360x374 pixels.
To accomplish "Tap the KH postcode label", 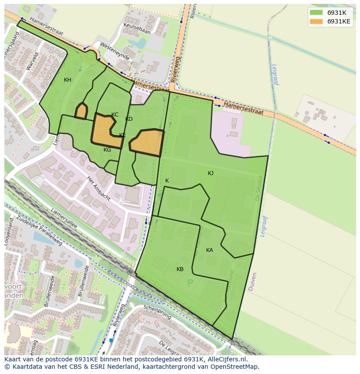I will [67, 80].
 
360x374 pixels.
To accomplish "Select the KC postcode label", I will [115, 115].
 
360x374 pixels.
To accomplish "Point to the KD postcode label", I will [129, 119].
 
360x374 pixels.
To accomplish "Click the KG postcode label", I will [107, 150].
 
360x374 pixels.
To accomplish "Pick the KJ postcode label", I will [210, 173].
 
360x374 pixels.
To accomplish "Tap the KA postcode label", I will [210, 250].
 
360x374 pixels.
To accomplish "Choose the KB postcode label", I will [180, 269].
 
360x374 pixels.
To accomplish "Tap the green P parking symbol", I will [190, 283].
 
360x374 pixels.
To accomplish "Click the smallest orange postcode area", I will [81, 111].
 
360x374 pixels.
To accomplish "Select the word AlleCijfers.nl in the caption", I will [226, 359].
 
